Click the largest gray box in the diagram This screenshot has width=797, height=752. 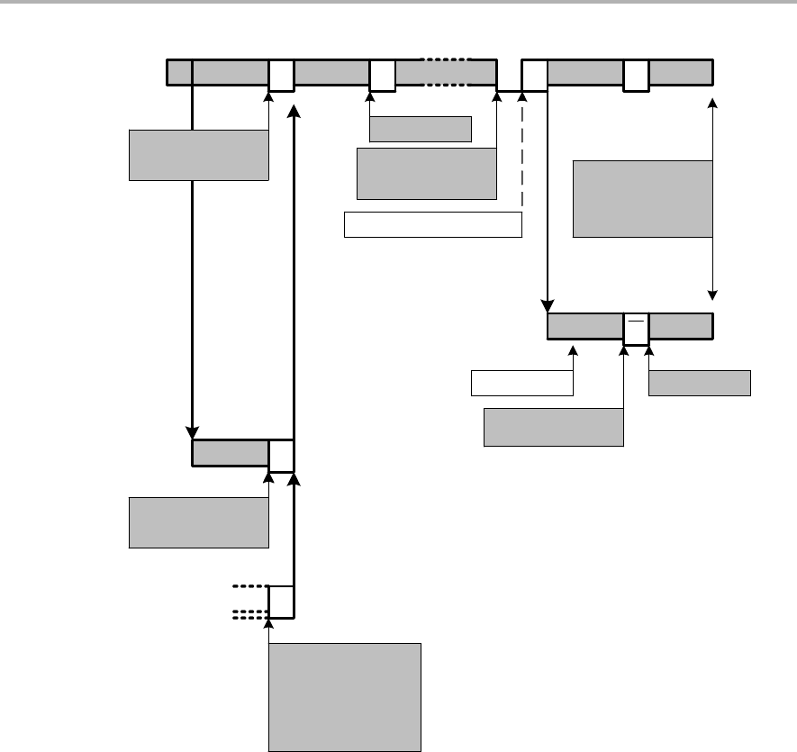coord(345,696)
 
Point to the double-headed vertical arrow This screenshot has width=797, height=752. coord(713,198)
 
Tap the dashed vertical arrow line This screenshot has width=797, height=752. coord(522,153)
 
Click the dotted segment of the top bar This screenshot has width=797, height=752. coord(447,73)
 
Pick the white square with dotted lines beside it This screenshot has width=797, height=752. coord(282,602)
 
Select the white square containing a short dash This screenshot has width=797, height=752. coord(636,328)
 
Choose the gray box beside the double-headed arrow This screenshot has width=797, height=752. coord(642,199)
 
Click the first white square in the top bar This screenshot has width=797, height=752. coord(282,75)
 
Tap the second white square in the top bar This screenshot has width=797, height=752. coord(383,75)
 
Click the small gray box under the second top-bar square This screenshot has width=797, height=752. coord(421,130)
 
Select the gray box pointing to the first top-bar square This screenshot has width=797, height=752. coord(199,155)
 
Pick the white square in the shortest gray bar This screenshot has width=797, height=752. coord(282,454)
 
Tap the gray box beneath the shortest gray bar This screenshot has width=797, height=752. coord(199,522)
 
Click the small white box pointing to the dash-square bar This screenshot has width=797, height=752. coord(522,383)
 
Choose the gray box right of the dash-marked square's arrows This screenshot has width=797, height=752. coord(699,383)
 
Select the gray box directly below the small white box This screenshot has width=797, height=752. coord(553,427)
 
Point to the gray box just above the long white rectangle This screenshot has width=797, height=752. coord(427,173)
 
